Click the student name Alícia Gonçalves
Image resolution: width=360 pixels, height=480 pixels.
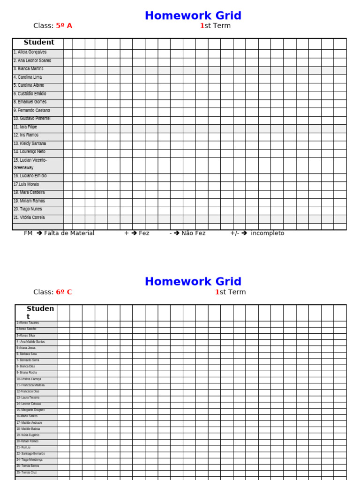30,52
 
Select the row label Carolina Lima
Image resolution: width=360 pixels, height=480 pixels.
28,77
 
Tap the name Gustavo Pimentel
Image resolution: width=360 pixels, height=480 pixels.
32,119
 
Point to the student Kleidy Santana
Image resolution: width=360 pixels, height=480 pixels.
30,143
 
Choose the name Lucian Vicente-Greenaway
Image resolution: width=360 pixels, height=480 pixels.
30,164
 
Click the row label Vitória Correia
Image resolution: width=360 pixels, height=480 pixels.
29,217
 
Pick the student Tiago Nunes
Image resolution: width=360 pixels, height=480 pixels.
28,209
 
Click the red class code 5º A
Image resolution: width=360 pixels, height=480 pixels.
64,26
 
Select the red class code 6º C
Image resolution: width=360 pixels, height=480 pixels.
64,292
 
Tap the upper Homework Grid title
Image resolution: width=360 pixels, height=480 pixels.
193,15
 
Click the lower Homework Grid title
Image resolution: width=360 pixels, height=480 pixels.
193,282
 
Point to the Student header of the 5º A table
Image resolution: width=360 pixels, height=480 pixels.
39,43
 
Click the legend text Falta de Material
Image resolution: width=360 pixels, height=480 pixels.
69,233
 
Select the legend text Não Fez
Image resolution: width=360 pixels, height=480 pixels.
193,233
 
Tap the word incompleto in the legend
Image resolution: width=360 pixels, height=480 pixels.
267,233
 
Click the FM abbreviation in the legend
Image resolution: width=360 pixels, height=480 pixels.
28,233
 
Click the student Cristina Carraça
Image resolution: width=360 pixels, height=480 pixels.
29,379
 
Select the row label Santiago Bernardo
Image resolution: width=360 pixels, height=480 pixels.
31,454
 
